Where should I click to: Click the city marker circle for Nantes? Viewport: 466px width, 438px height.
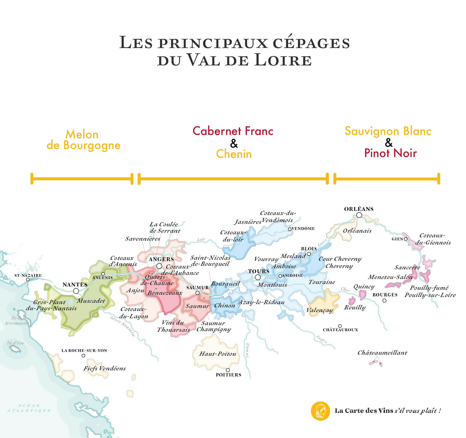[x=76, y=291]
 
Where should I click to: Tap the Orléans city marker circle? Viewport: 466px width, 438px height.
[x=359, y=215]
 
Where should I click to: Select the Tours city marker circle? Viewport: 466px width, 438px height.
[x=258, y=277]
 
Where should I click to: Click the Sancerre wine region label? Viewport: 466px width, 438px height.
[x=407, y=267]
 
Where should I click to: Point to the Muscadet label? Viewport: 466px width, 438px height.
[x=91, y=301]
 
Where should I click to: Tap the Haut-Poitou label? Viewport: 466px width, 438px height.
[x=218, y=354]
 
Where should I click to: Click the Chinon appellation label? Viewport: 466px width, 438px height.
[x=224, y=305]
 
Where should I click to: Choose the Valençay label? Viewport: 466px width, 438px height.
[x=320, y=310]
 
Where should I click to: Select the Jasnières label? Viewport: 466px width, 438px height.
[x=248, y=222]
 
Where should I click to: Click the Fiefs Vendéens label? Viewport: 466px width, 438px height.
[x=104, y=368]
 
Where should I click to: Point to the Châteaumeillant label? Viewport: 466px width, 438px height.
[x=382, y=352]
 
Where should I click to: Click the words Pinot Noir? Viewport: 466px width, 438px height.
[x=390, y=153]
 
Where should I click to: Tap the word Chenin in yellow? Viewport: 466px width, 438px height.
[x=234, y=154]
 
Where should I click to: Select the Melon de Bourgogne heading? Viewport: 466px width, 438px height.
[x=83, y=140]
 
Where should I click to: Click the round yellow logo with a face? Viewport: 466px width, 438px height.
[x=320, y=411]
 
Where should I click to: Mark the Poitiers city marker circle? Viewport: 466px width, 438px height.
[x=228, y=370]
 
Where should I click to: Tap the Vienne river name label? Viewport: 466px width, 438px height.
[x=247, y=351]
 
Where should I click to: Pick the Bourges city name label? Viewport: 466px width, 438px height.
[x=385, y=295]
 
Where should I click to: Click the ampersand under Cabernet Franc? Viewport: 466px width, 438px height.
[x=234, y=143]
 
